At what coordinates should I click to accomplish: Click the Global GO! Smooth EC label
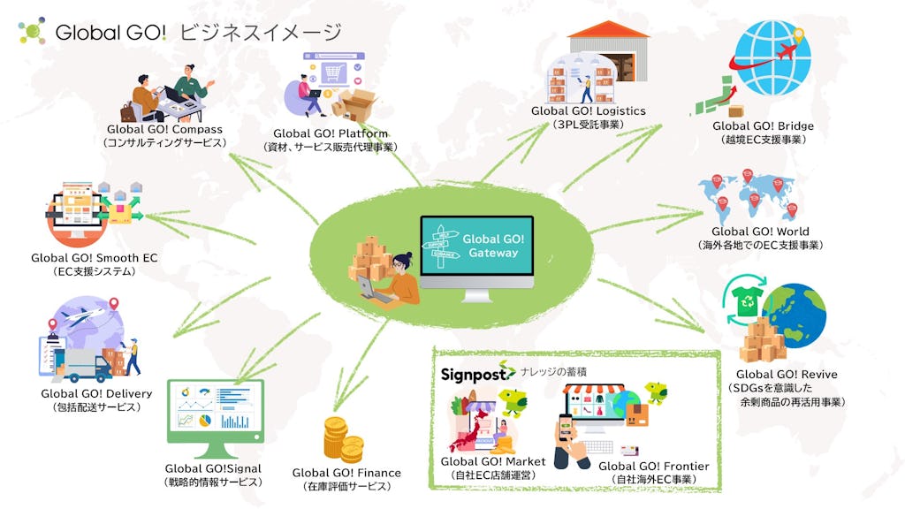94,258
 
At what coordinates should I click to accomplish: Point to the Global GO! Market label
493,462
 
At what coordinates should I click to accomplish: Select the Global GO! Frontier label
653,466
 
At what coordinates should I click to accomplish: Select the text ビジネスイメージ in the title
260,33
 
